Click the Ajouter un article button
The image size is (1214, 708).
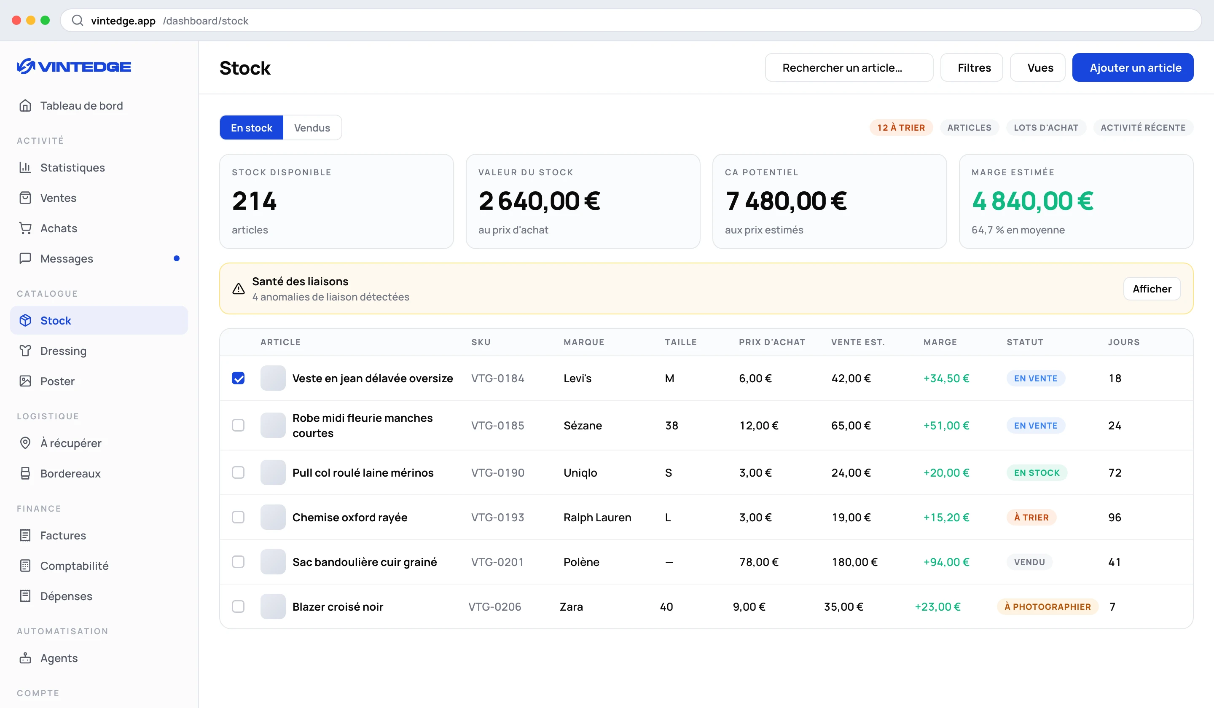[1132, 67]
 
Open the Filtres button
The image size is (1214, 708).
[971, 67]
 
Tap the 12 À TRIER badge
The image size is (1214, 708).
[901, 128]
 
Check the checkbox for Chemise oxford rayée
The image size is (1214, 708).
[238, 517]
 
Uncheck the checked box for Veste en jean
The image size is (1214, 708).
[238, 378]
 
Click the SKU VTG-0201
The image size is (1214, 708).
[497, 562]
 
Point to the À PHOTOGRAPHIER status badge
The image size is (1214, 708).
[1047, 607]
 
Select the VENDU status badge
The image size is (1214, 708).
[1029, 562]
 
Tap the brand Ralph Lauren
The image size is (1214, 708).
[597, 517]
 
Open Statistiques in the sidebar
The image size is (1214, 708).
[72, 168]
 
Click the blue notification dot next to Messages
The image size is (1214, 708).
[176, 259]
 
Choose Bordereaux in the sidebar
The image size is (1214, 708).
[70, 473]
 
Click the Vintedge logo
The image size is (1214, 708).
[74, 67]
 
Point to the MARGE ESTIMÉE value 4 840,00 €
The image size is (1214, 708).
[1032, 201]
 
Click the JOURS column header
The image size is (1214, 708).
[1123, 342]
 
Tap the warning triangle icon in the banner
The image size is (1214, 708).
[239, 289]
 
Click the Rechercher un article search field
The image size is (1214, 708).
[849, 67]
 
